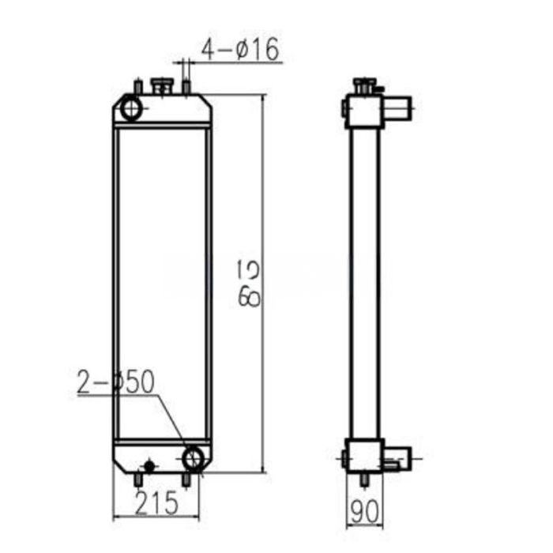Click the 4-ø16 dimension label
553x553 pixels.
(239, 50)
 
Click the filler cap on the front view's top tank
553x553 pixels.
(163, 85)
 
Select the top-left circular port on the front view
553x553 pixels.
(130, 107)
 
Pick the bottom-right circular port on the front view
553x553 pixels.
(193, 457)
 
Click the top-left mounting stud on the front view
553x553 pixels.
(137, 86)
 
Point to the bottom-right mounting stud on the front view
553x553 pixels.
(186, 479)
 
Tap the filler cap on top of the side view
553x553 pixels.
(364, 84)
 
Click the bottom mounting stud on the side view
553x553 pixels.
(364, 479)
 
